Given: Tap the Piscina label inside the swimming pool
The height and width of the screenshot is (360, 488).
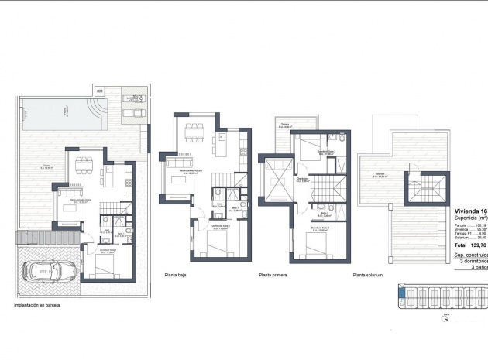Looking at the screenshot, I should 65,111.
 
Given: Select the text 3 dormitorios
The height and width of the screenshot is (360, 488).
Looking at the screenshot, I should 472,261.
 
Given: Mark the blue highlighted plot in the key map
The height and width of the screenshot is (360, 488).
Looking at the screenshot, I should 401,293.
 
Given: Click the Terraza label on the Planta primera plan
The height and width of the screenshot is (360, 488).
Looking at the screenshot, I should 284,125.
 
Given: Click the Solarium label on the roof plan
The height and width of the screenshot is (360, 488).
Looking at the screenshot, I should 380,176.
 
